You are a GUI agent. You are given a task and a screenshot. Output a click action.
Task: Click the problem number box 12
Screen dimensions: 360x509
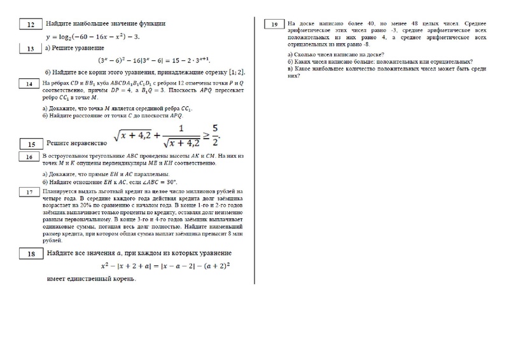point(31,25)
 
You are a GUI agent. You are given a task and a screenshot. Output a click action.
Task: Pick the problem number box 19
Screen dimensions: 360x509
point(274,24)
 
